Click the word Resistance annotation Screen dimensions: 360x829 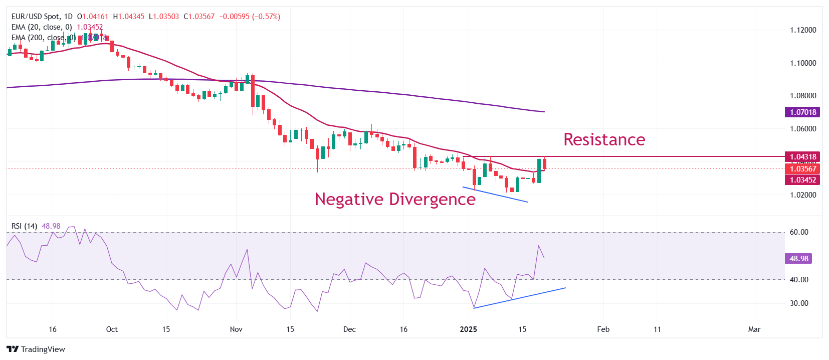[x=604, y=139]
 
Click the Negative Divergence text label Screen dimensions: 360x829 [x=395, y=199]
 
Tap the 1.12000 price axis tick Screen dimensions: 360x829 [x=803, y=30]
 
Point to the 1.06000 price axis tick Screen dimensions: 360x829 [x=803, y=129]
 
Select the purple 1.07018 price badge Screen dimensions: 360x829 [x=802, y=112]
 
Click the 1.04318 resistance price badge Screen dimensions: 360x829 [x=802, y=157]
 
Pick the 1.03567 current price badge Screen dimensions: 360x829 [x=802, y=169]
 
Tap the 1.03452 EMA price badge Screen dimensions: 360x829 [x=802, y=180]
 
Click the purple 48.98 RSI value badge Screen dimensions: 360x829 [x=799, y=259]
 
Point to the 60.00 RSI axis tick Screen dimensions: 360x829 [x=799, y=232]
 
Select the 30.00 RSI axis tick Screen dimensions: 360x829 [x=799, y=303]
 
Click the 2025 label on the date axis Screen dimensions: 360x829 [x=469, y=329]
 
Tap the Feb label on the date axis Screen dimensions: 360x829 [x=603, y=329]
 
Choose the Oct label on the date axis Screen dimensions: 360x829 [x=112, y=329]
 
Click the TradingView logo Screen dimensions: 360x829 [x=36, y=349]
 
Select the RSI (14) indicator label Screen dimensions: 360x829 [x=24, y=226]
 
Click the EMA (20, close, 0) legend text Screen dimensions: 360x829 [x=42, y=27]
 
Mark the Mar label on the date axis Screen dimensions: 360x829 [x=754, y=329]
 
